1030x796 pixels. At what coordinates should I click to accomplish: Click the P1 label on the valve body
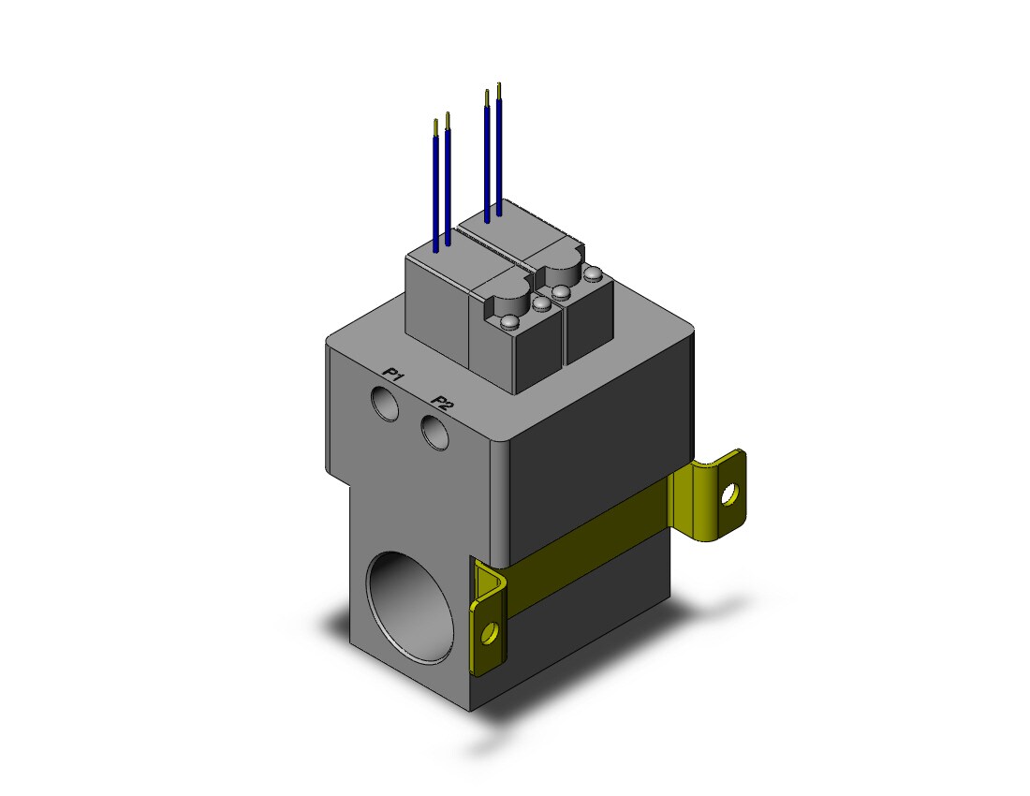[393, 375]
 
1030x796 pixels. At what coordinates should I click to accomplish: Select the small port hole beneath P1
[384, 404]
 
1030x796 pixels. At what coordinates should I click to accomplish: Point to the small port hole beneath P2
[434, 433]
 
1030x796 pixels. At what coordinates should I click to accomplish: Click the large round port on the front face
[410, 608]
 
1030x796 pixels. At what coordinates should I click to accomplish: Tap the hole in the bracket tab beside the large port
[490, 633]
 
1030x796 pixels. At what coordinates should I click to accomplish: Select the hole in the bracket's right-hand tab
[729, 494]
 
